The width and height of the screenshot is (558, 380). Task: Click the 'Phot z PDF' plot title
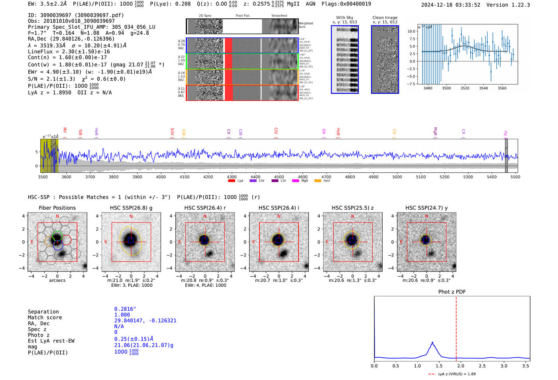tap(452, 292)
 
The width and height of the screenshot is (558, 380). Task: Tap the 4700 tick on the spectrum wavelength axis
tap(326, 177)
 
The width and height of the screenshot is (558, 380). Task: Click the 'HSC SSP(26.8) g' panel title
tap(131, 208)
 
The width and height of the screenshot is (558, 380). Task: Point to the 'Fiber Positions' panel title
tap(57, 208)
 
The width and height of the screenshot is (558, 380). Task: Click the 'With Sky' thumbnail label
tap(344, 18)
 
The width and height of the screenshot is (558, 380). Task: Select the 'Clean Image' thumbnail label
tap(385, 18)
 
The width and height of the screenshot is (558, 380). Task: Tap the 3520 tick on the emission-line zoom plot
tap(465, 88)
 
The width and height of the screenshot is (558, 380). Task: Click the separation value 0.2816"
tap(125, 309)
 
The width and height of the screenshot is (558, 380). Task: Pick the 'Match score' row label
tap(45, 317)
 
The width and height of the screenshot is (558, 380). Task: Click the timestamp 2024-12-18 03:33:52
tap(450, 5)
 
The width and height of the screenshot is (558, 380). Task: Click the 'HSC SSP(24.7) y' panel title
tap(426, 208)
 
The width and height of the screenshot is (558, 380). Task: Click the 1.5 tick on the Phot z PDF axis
tap(439, 366)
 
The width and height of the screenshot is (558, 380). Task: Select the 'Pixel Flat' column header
tap(242, 16)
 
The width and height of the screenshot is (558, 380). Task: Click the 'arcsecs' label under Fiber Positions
tap(57, 280)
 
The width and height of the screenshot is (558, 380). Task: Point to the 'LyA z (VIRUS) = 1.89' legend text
tap(457, 374)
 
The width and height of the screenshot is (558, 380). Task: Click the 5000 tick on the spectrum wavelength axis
tap(397, 177)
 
